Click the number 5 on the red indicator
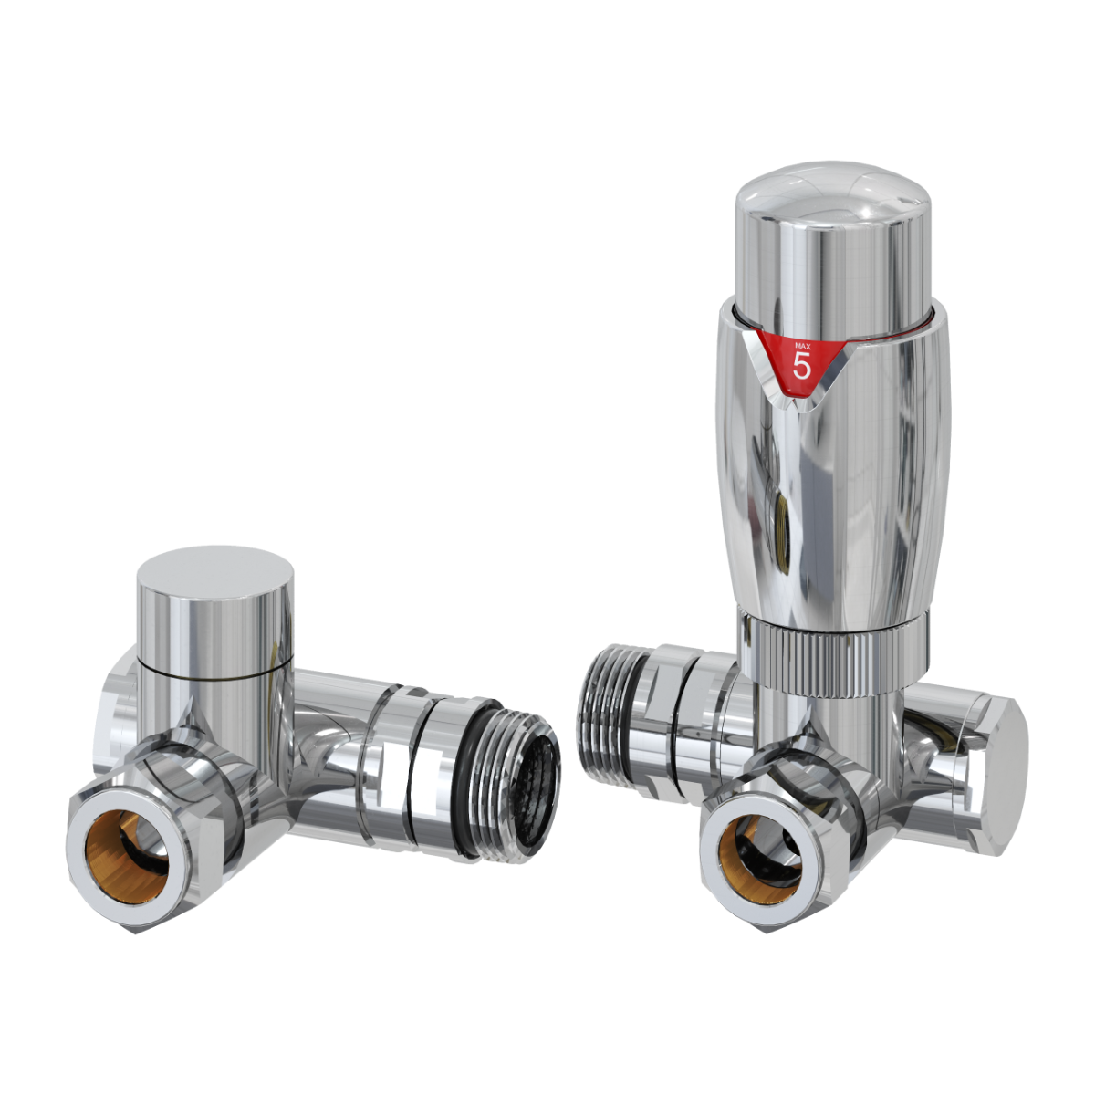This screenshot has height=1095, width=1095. coord(802,366)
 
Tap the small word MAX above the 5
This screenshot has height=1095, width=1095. coord(802,346)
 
